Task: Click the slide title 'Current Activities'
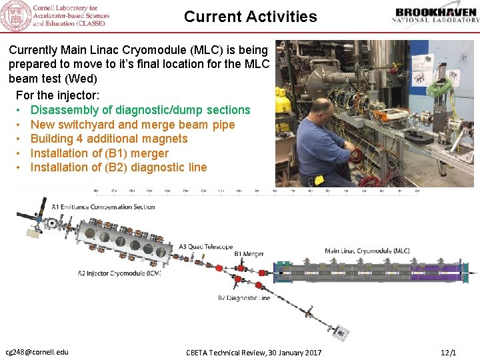click(x=250, y=17)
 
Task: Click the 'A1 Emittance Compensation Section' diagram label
click(x=103, y=207)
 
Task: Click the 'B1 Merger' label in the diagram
click(x=249, y=254)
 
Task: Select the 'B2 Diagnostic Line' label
click(x=244, y=298)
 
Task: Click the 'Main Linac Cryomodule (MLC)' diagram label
click(x=367, y=251)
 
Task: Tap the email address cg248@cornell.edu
click(x=37, y=352)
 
